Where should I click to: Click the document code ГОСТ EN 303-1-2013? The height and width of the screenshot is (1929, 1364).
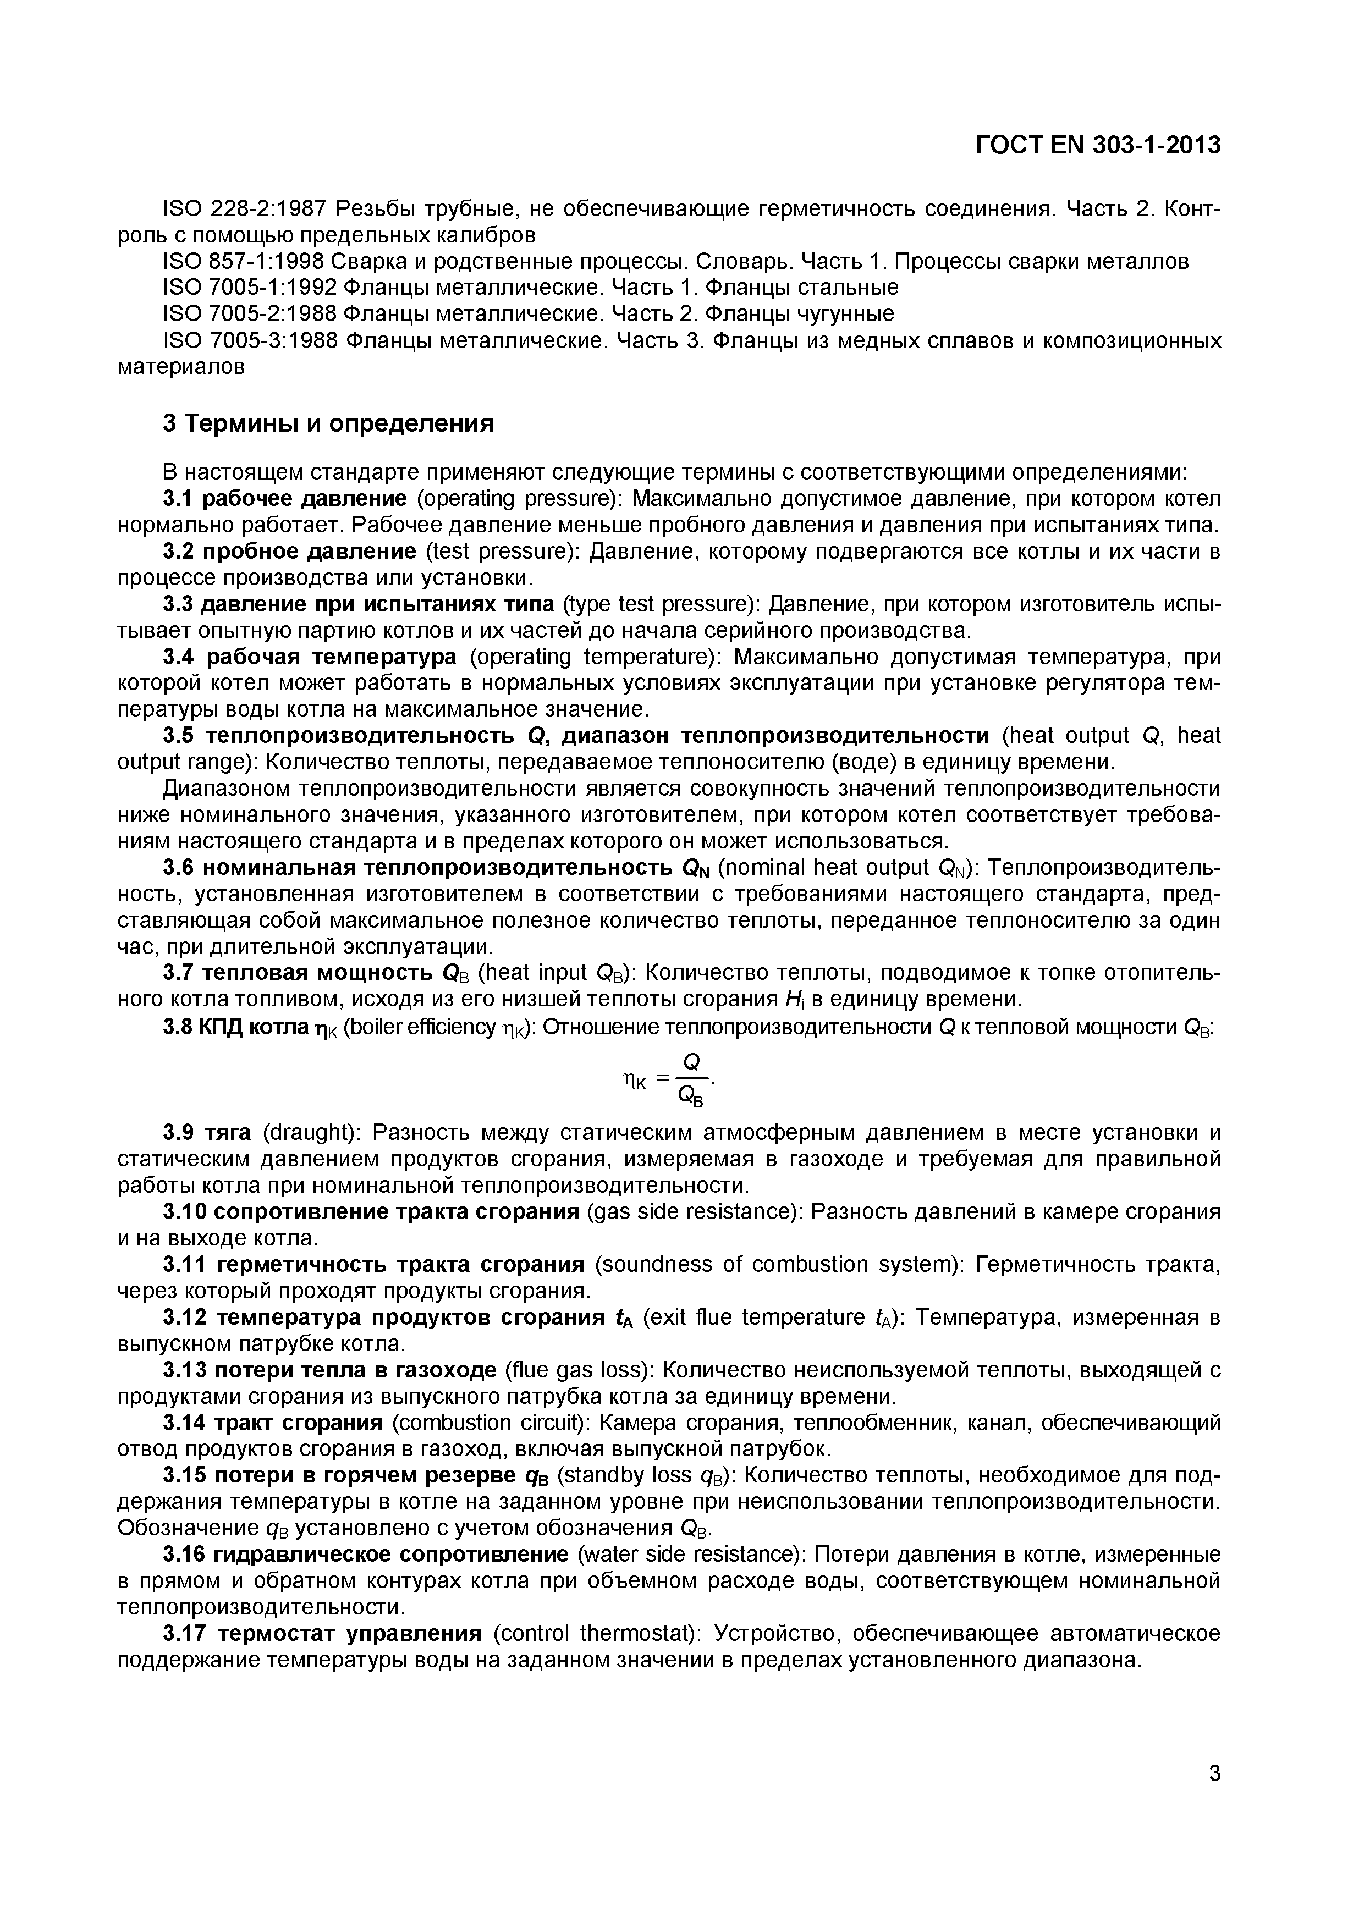pyautogui.click(x=1098, y=145)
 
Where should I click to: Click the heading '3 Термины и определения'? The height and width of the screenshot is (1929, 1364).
pyautogui.click(x=328, y=423)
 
